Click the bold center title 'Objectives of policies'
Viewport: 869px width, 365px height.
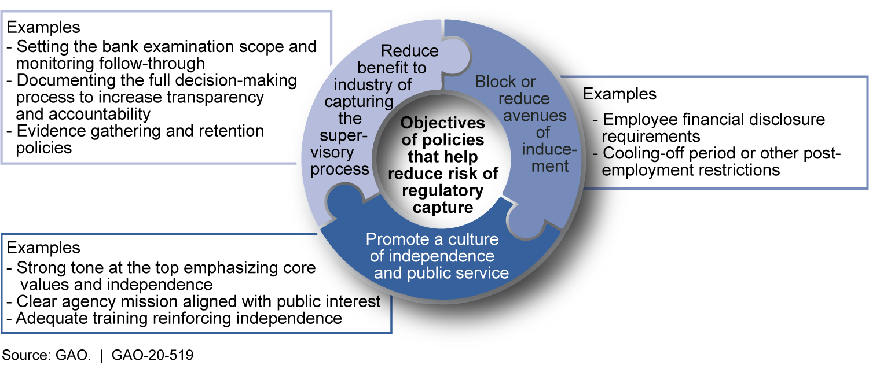click(x=443, y=132)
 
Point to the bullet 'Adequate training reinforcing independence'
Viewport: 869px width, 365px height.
click(x=174, y=318)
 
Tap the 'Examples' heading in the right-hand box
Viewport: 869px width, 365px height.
click(x=619, y=94)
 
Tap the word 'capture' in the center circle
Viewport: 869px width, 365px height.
click(x=443, y=207)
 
